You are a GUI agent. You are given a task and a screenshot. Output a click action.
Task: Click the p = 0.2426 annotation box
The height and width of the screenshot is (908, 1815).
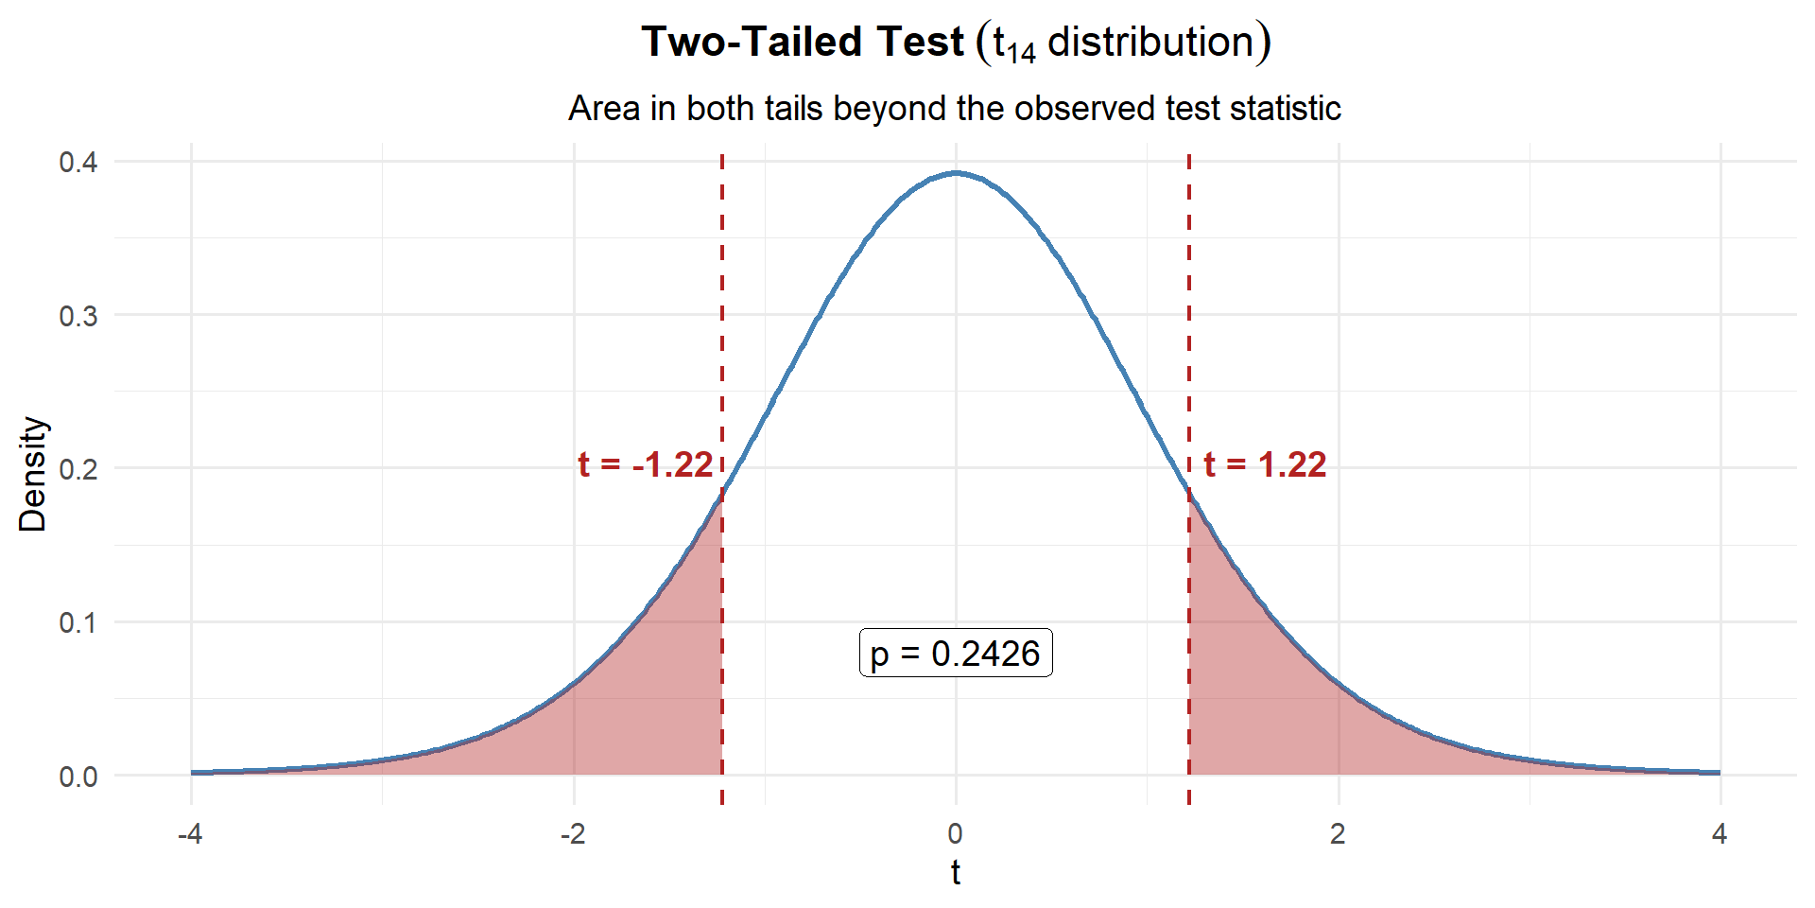(x=956, y=653)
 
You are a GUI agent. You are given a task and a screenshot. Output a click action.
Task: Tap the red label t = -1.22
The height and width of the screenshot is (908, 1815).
(x=646, y=464)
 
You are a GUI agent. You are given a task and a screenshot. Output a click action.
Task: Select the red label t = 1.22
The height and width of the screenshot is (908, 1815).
(x=1265, y=464)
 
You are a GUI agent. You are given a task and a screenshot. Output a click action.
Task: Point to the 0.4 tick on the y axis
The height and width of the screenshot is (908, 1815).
(x=78, y=162)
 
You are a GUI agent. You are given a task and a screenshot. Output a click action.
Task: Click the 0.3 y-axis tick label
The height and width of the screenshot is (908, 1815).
(x=78, y=316)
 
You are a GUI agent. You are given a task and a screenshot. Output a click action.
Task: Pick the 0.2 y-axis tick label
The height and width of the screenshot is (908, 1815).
(x=78, y=469)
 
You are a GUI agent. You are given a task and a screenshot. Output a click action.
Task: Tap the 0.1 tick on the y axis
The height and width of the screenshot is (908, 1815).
(x=78, y=622)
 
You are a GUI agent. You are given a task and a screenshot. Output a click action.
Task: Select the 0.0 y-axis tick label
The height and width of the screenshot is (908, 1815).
(x=78, y=777)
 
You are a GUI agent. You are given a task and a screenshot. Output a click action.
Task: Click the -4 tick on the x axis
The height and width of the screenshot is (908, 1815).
(x=191, y=833)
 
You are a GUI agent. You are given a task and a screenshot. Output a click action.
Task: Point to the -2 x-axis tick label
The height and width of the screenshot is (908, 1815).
(x=573, y=833)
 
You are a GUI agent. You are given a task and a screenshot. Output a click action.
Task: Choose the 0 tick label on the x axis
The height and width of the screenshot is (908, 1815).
(x=956, y=833)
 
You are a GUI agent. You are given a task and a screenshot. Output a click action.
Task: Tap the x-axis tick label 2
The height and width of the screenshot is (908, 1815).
(x=1338, y=833)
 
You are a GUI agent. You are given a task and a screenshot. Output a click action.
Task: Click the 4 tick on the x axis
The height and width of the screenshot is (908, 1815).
(x=1720, y=833)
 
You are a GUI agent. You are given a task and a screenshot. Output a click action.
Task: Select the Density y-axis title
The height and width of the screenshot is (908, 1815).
(x=32, y=474)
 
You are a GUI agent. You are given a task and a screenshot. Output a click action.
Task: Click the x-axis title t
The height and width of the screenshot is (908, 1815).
(x=956, y=872)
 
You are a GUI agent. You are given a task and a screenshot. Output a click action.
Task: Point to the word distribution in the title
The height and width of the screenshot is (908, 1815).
(x=1150, y=42)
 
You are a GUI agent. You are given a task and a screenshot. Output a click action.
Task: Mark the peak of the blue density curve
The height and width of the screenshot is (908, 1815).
(x=956, y=173)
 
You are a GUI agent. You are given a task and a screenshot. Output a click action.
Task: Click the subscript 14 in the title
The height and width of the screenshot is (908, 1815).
(x=1022, y=53)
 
